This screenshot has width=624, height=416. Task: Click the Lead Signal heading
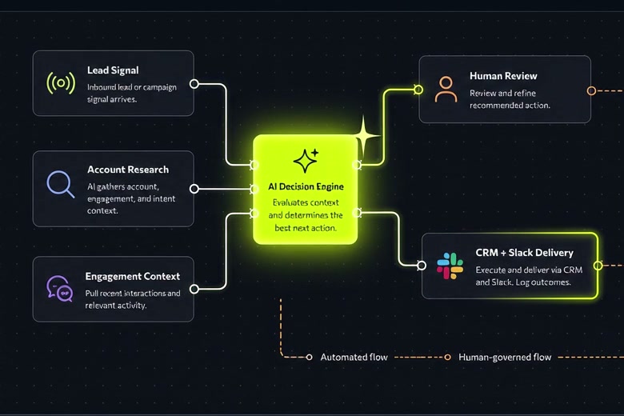click(x=113, y=70)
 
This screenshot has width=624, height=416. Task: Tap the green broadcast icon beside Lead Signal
click(x=61, y=83)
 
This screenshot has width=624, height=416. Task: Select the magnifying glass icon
click(x=61, y=184)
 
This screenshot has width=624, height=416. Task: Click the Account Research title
click(x=128, y=170)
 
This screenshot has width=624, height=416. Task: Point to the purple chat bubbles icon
click(x=60, y=289)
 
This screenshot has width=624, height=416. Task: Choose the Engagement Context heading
click(x=133, y=276)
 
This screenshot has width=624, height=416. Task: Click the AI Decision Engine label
click(x=306, y=186)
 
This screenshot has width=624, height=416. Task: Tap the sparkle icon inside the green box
click(x=306, y=161)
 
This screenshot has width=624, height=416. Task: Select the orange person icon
click(x=446, y=89)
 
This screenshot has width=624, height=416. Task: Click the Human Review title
click(x=503, y=76)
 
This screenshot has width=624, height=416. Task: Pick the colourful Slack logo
click(x=450, y=266)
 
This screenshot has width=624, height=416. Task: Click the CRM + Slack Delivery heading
click(x=524, y=253)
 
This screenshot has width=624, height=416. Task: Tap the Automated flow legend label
click(x=354, y=357)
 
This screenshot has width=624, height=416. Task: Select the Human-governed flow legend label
click(x=505, y=357)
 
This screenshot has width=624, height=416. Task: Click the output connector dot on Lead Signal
click(x=194, y=84)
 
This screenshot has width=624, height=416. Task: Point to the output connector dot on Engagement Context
click(x=194, y=289)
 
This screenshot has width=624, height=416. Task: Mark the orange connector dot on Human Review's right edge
click(x=591, y=90)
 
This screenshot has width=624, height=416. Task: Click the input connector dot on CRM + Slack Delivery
click(x=422, y=265)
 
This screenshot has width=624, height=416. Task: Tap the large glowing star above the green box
click(x=364, y=137)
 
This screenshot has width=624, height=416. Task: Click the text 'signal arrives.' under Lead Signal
click(x=112, y=99)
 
